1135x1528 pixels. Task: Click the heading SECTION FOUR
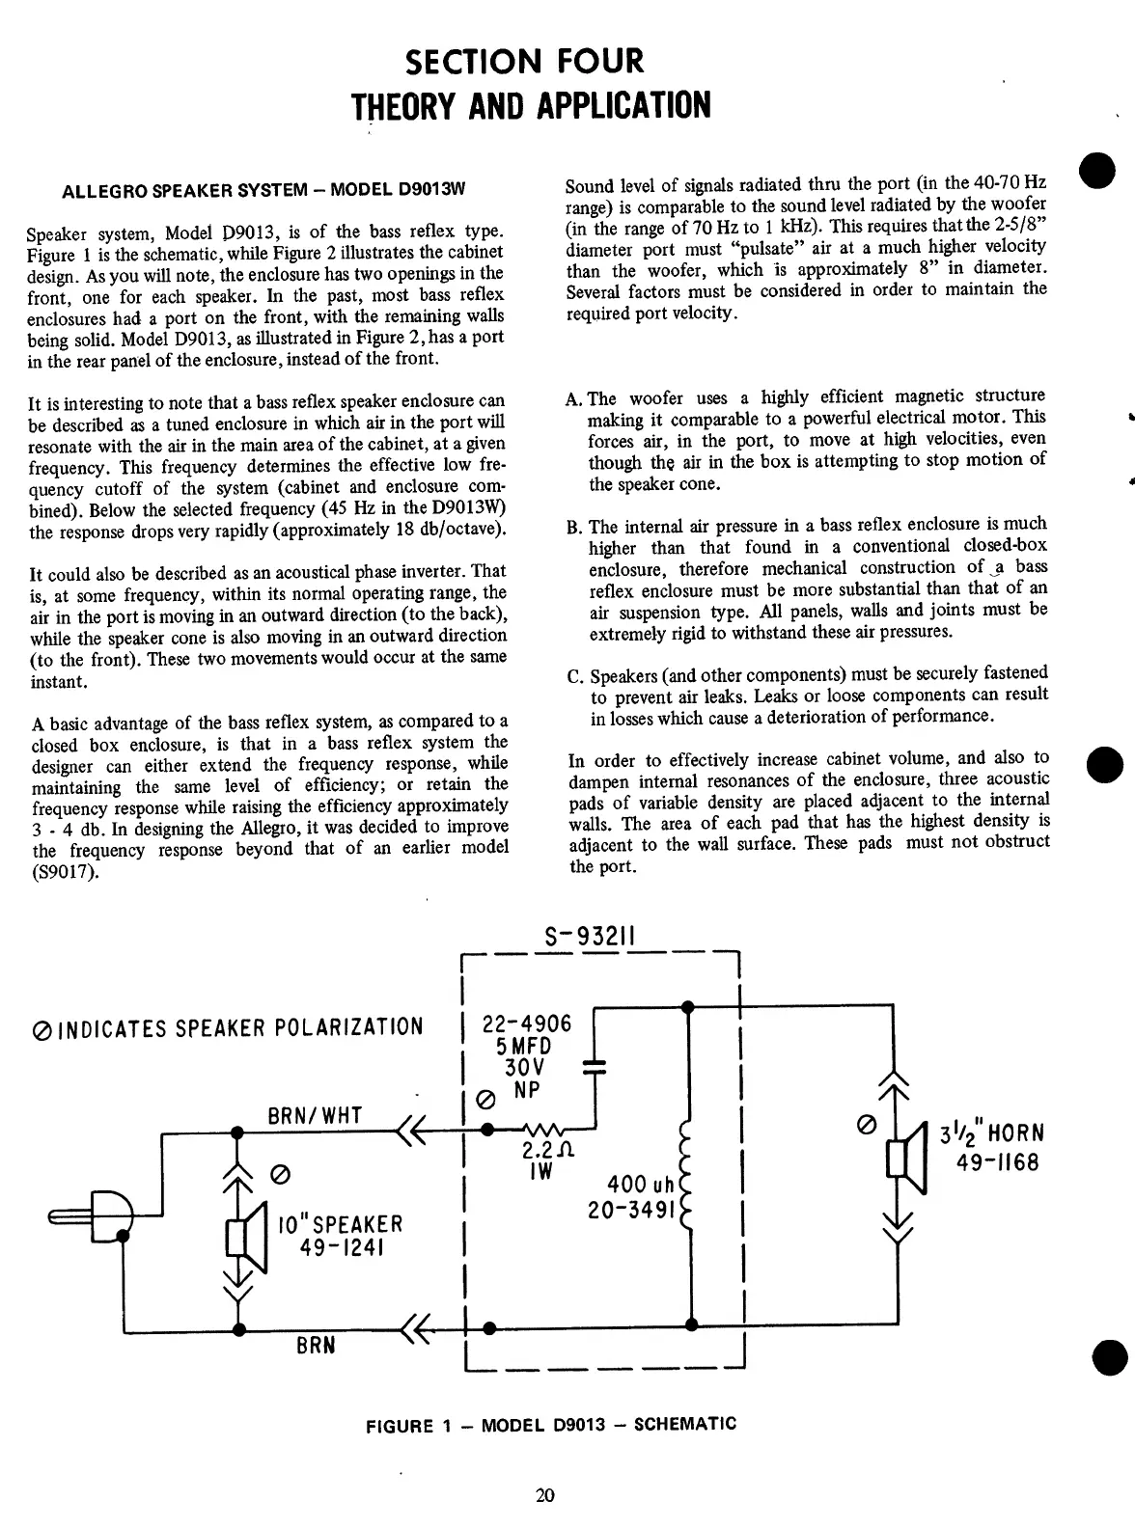coord(524,63)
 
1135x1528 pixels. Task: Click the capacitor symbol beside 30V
coord(595,1066)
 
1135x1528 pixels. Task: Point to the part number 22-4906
coord(527,1023)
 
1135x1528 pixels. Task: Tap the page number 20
coord(545,1496)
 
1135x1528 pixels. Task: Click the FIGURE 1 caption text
coord(551,1425)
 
